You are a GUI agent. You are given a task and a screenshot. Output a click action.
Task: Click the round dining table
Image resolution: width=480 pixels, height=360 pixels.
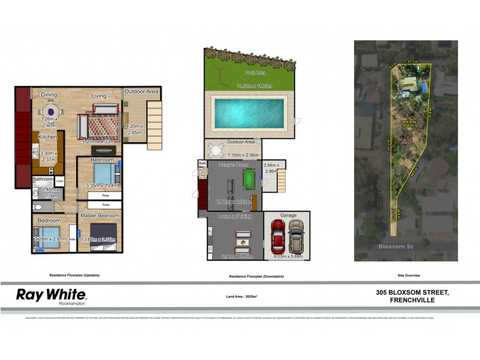50,111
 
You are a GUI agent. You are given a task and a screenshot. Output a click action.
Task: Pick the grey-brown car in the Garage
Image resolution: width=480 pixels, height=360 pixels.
296,235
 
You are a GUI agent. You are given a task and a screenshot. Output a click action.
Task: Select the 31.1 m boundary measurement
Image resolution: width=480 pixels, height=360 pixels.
412,61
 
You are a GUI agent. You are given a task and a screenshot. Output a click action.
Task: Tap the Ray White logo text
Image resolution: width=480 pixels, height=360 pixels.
51,294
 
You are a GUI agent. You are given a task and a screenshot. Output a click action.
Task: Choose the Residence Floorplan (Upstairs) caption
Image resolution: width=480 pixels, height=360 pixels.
74,275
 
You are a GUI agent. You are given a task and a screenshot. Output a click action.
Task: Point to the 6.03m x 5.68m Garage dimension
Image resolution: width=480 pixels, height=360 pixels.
288,257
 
